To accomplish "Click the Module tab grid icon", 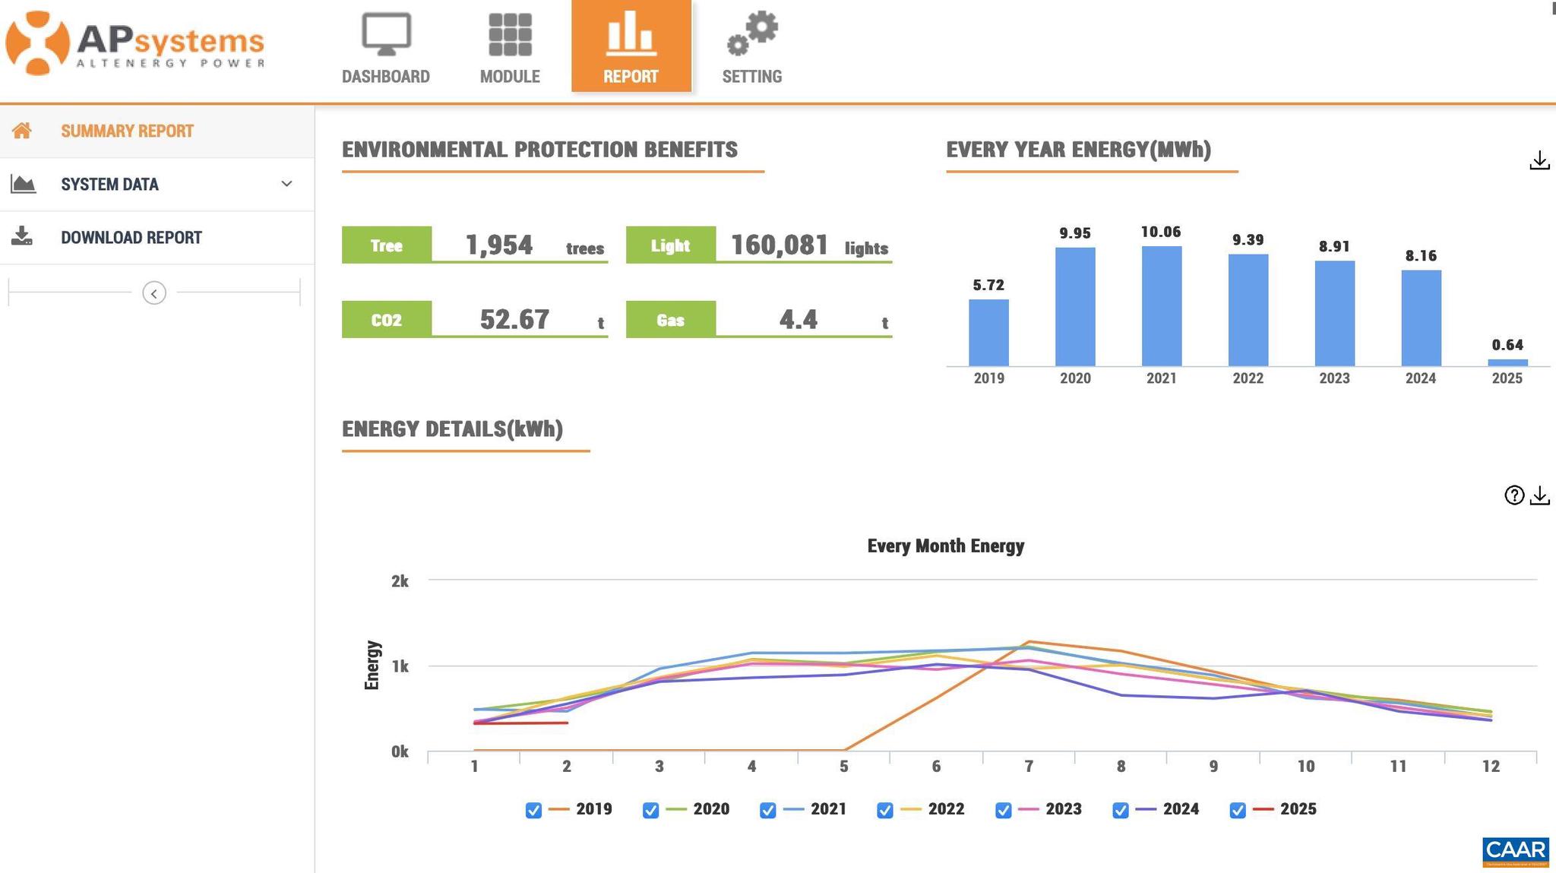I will point(510,35).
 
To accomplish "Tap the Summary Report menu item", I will point(127,131).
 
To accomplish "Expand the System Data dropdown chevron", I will point(286,184).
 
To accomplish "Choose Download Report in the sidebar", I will point(131,238).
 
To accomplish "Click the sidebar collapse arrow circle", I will point(154,293).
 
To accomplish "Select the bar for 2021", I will point(1161,306).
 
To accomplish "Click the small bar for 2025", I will point(1507,362).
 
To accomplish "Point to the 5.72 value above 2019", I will point(988,286).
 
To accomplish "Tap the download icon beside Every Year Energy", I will point(1539,161).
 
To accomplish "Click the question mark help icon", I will point(1513,495).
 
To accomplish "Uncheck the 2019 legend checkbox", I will point(533,810).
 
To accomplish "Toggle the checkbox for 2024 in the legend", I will point(1120,810).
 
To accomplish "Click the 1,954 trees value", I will point(499,245).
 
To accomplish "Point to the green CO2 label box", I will point(387,320).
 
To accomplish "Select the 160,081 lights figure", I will point(780,245).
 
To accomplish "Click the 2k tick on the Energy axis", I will point(400,581).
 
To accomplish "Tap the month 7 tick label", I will point(1028,767).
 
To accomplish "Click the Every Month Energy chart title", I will point(945,546).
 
